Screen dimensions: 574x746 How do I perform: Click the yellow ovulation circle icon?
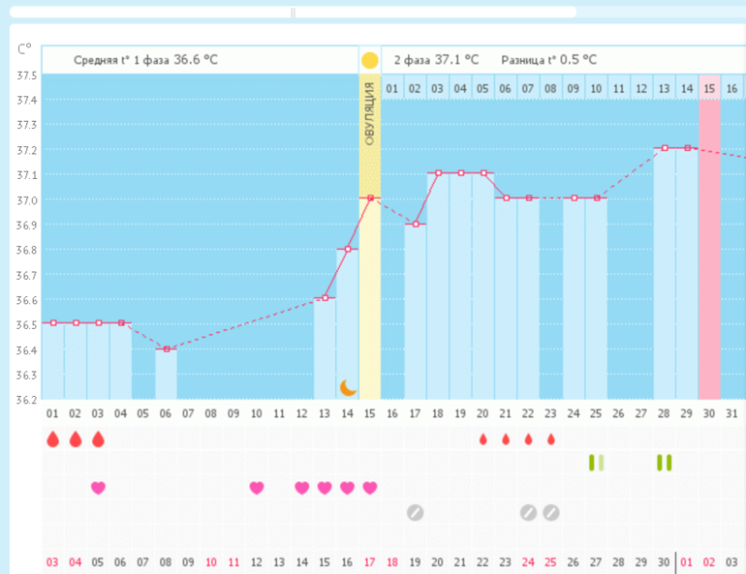369,60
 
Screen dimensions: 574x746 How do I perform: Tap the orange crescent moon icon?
348,387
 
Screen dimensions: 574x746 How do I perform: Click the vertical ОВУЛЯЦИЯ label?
369,114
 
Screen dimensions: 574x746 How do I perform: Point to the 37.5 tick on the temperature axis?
27,76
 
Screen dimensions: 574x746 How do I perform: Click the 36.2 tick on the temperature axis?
27,400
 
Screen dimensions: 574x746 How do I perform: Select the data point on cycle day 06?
166,348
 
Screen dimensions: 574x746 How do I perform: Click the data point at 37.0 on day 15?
369,197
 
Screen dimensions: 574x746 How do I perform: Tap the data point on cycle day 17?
415,224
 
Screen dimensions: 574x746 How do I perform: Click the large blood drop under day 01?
52,439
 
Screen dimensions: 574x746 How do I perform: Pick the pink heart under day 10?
256,488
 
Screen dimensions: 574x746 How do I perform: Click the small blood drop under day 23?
550,439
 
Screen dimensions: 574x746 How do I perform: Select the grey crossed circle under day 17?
415,512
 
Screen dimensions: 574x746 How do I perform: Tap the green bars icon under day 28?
664,463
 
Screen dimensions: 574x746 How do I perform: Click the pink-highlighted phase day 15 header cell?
709,89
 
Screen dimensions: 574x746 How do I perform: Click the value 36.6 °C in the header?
195,60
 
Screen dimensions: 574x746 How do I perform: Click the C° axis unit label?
24,48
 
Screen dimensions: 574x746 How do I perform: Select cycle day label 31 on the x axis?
731,413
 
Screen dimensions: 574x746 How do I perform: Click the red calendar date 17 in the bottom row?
369,561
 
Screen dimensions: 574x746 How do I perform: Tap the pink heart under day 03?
98,488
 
